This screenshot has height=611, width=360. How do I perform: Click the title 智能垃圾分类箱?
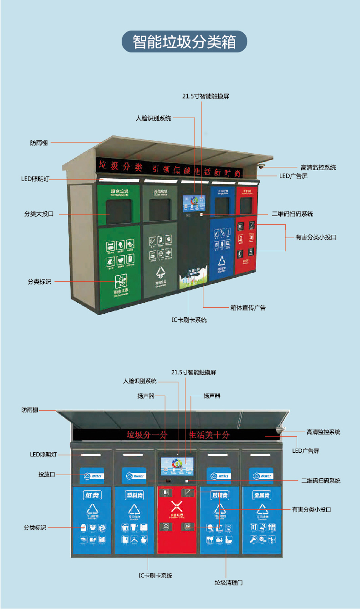pyautogui.click(x=184, y=42)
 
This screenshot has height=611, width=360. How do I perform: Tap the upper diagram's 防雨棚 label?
pyautogui.click(x=39, y=143)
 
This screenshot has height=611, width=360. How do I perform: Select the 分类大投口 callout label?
pyautogui.click(x=39, y=213)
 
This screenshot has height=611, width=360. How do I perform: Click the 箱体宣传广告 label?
pyautogui.click(x=248, y=307)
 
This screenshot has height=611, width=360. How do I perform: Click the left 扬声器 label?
pyautogui.click(x=146, y=396)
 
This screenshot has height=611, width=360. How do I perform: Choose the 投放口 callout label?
pyautogui.click(x=46, y=474)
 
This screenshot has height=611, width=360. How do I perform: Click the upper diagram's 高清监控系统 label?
pyautogui.click(x=318, y=167)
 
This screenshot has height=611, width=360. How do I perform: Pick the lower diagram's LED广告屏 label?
pyautogui.click(x=305, y=450)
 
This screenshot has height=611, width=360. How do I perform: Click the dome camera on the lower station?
pyautogui.click(x=280, y=430)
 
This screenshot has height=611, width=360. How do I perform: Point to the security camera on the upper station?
pyautogui.click(x=261, y=166)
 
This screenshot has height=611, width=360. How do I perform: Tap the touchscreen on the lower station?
pyautogui.click(x=177, y=466)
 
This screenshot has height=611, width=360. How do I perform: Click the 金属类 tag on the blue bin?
pyautogui.click(x=262, y=495)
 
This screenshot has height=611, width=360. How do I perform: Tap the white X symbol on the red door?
pyautogui.click(x=176, y=506)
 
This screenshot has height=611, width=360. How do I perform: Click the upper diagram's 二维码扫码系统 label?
pyautogui.click(x=292, y=213)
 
